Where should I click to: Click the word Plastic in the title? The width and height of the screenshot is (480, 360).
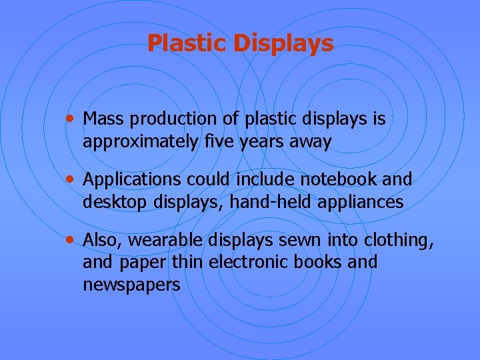(x=187, y=43)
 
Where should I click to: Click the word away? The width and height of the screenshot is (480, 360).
(x=311, y=143)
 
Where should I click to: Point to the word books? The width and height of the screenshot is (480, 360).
(x=322, y=262)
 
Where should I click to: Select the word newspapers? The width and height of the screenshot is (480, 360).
(x=131, y=285)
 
